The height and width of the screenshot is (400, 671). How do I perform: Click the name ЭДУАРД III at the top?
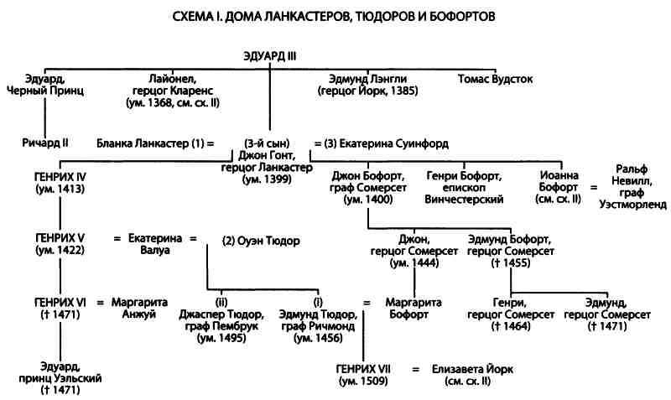point(269,57)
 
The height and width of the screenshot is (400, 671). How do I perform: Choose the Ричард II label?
point(44,143)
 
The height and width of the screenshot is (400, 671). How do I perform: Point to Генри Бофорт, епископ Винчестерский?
point(465,188)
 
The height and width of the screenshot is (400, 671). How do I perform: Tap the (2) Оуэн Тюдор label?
point(261,241)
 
